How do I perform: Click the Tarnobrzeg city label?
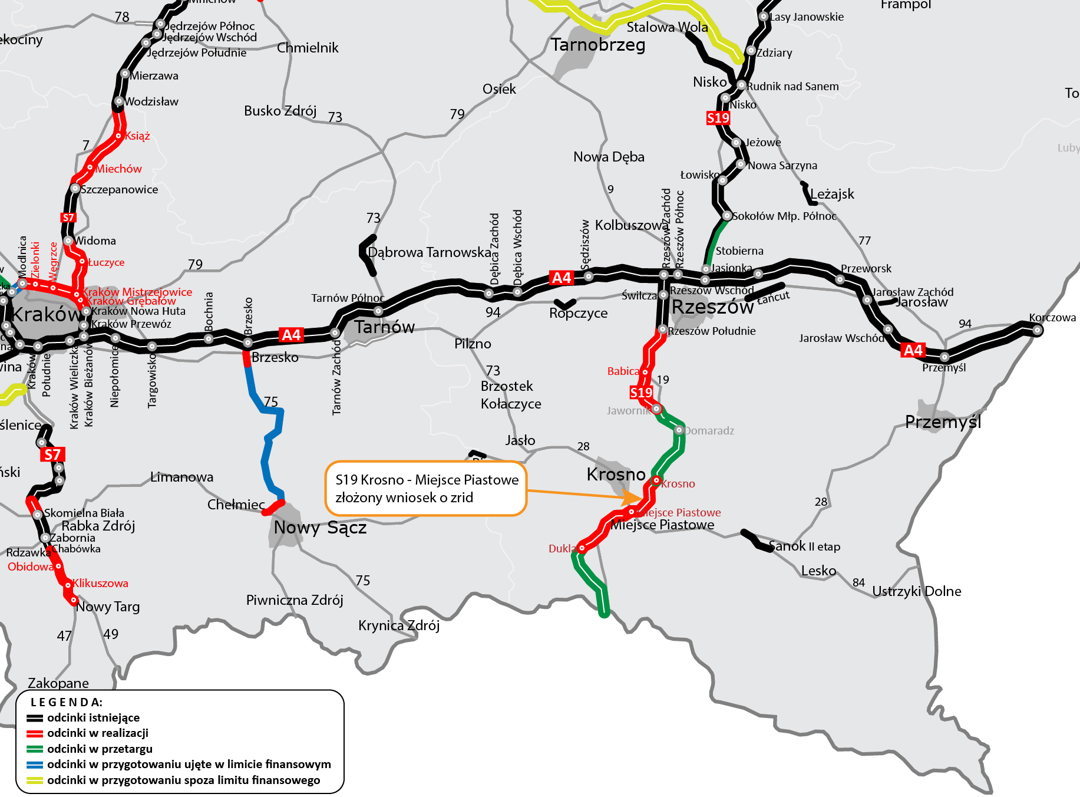pos(597,45)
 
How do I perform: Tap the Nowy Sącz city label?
pos(320,528)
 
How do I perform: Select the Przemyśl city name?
pos(943,422)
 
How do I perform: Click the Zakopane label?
pos(58,683)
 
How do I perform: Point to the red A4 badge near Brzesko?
pos(292,335)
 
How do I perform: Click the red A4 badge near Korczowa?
pos(913,350)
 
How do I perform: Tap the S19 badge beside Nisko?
pos(718,118)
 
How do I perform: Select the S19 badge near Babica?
pos(641,393)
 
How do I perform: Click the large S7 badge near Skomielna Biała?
pos(52,455)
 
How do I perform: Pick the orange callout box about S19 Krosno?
pos(425,489)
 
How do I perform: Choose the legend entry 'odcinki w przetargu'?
pos(100,749)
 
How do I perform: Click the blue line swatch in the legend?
pos(35,765)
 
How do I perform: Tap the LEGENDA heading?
pos(67,702)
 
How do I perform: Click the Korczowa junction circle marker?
pos(1037,330)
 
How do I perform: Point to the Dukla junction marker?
pos(582,548)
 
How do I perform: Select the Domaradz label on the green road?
pos(709,431)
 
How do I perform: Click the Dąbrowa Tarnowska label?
pos(429,252)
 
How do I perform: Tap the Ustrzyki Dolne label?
pos(916,591)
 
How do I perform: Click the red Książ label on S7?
pos(137,136)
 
